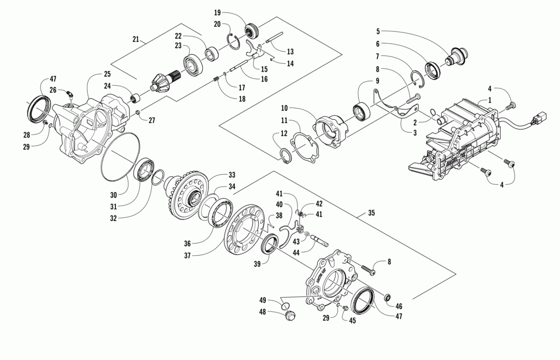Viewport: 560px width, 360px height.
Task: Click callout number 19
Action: [218, 12]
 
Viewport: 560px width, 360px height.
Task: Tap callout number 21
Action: [136, 39]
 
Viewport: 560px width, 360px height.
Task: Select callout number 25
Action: [106, 74]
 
